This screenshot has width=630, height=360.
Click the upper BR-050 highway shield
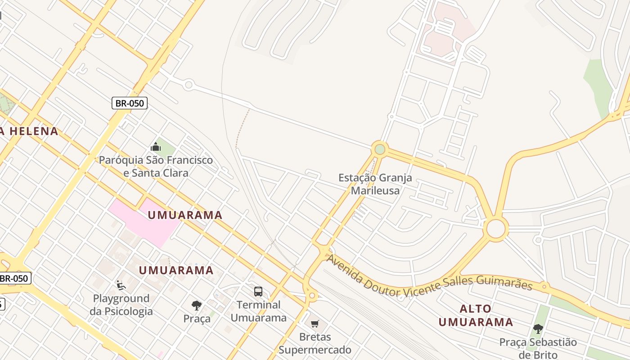tap(130, 103)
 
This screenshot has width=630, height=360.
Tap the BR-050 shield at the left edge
tap(14, 278)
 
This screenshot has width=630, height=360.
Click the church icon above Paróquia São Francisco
tap(156, 147)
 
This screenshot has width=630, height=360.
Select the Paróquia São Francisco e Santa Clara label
tap(156, 166)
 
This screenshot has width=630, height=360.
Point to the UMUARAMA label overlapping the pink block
tap(185, 215)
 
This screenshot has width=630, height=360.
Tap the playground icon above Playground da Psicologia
tap(121, 285)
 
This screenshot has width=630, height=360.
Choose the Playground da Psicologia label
tap(121, 305)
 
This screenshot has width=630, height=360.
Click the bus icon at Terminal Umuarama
tap(258, 291)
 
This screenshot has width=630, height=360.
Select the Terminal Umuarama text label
tap(258, 311)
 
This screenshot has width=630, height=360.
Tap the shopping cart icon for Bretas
tap(315, 324)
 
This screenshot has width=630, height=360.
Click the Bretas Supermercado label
tap(315, 343)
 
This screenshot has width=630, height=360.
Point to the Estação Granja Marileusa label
tap(375, 184)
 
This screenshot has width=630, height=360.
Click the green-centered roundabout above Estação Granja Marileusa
tap(380, 149)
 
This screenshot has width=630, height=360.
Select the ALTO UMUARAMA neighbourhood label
tap(476, 315)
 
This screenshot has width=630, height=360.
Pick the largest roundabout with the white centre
tap(496, 229)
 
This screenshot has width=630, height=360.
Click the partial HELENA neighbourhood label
tap(29, 131)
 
